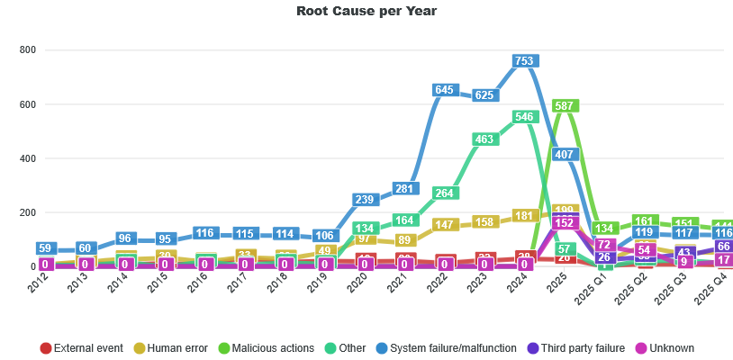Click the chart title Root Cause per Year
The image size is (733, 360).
tap(366, 11)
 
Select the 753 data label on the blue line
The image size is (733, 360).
tap(524, 61)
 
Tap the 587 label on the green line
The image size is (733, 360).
tap(565, 106)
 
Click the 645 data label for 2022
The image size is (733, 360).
tap(444, 90)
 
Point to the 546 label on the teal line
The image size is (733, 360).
tap(524, 117)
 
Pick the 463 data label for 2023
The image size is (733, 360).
tap(484, 139)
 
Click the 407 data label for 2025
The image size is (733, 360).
tap(565, 155)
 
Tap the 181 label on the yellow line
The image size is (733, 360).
tap(524, 216)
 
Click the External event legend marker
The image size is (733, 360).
tap(46, 348)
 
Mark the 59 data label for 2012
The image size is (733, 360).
tap(45, 248)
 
